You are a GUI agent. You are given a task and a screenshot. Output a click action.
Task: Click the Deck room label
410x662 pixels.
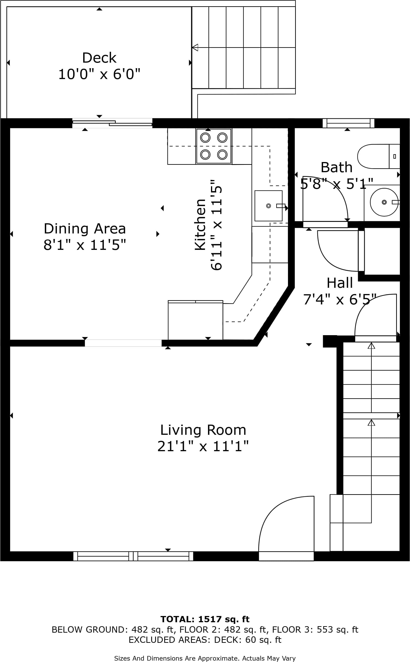coord(99,58)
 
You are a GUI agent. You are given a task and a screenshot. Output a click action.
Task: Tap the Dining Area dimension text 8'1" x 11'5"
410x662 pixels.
coord(85,245)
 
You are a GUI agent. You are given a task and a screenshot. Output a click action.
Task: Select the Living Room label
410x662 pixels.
coord(203,430)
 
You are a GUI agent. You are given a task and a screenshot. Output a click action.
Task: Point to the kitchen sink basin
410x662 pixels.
coord(269,206)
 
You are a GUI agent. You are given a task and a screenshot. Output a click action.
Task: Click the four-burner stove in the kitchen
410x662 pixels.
coord(214,146)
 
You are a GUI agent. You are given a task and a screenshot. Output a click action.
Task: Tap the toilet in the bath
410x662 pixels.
coord(379,156)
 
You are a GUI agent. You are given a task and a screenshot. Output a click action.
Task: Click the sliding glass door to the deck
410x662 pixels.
coord(112,123)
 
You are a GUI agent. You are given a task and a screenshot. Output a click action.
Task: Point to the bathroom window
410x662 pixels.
coord(349,123)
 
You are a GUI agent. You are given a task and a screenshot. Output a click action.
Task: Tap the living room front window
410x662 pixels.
coord(133,556)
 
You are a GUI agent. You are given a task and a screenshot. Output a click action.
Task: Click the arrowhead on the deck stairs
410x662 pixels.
coord(195,47)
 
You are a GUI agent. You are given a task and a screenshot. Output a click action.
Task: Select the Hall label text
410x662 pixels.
coord(340,283)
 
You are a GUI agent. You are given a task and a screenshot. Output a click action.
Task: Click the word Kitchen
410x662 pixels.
coord(200,224)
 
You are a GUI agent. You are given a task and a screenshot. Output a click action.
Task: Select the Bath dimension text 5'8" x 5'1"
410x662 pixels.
coord(337,184)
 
